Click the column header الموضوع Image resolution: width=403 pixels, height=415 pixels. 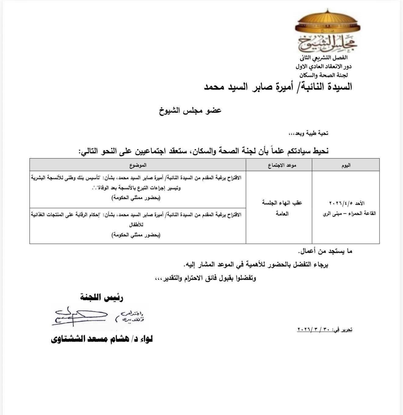tap(138, 165)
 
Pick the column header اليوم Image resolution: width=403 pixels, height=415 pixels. tap(346, 165)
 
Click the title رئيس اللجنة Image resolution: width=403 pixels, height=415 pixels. tap(102, 298)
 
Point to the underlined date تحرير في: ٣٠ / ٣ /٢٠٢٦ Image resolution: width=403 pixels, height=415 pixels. tap(325, 329)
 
